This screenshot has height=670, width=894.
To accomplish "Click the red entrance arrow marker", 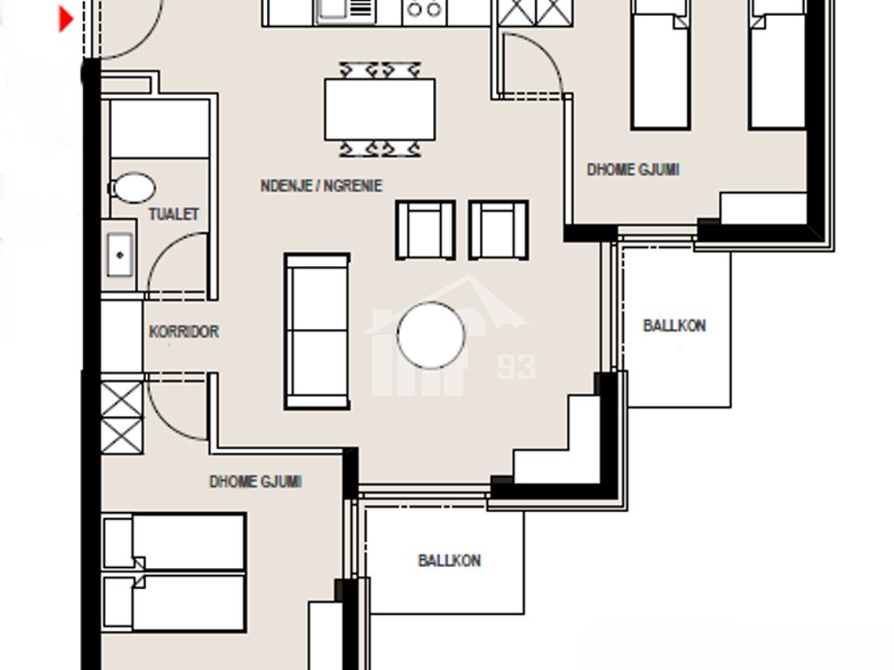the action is (x=66, y=19).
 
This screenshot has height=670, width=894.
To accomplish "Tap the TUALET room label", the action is (x=174, y=215).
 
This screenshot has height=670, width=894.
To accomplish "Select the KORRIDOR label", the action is (x=183, y=332).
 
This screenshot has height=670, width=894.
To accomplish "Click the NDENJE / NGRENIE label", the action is (x=321, y=186).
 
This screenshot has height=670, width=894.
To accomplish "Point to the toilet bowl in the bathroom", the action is (x=132, y=188).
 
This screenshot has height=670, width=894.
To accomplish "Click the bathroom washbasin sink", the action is (x=120, y=256).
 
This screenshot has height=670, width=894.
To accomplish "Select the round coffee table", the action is (x=430, y=336).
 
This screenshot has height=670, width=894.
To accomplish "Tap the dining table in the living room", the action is (x=380, y=109).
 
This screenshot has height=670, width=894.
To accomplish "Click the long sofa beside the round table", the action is (x=317, y=332).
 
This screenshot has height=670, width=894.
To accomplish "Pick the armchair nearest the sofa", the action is (x=425, y=230).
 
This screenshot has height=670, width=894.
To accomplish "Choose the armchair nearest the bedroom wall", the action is (x=499, y=230).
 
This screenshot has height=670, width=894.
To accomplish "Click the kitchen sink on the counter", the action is (x=346, y=11).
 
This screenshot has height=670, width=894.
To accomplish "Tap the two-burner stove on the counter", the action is (x=424, y=10).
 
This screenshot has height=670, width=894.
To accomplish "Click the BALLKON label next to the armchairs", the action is (x=675, y=325).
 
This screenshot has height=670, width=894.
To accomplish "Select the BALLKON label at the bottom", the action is (x=450, y=561).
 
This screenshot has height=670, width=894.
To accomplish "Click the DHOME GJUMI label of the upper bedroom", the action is (x=633, y=170).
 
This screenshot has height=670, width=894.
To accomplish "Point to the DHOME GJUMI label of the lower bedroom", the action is (x=256, y=482).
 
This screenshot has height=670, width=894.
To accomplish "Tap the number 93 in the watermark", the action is (x=517, y=367).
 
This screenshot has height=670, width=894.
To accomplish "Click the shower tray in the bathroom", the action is (x=160, y=129).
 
